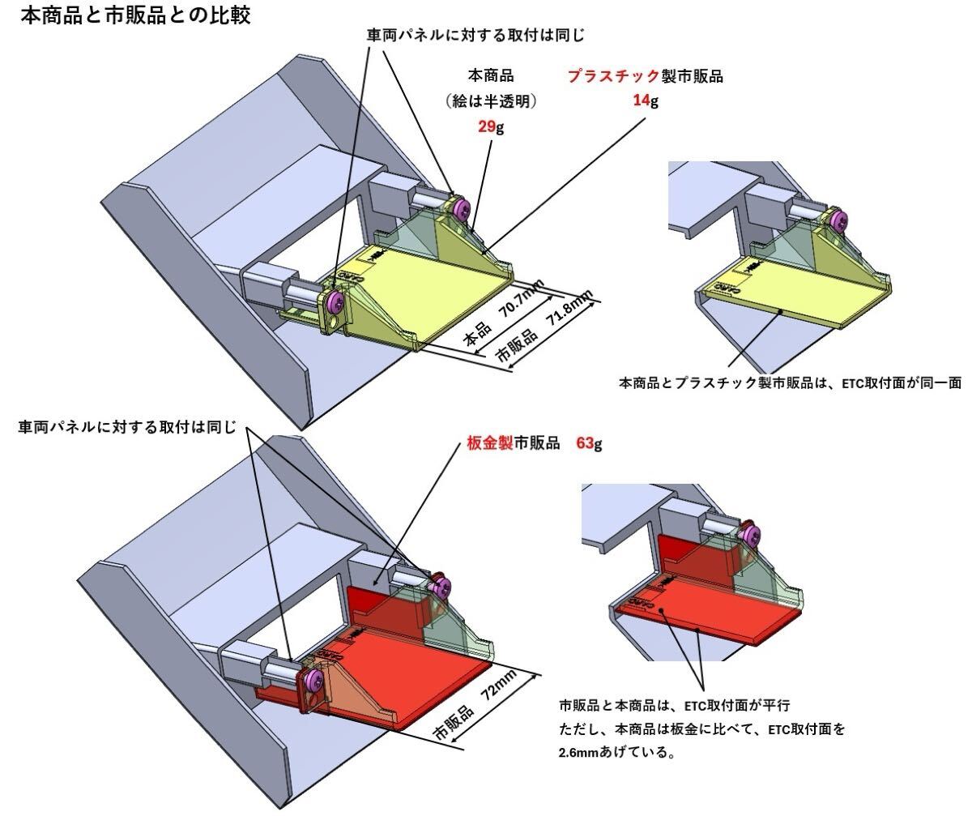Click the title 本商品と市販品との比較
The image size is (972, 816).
point(134,15)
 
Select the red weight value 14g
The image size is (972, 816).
point(646,101)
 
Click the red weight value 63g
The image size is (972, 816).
point(589,444)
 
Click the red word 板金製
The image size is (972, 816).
point(491,444)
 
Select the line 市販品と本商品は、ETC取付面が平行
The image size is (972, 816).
point(680,703)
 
